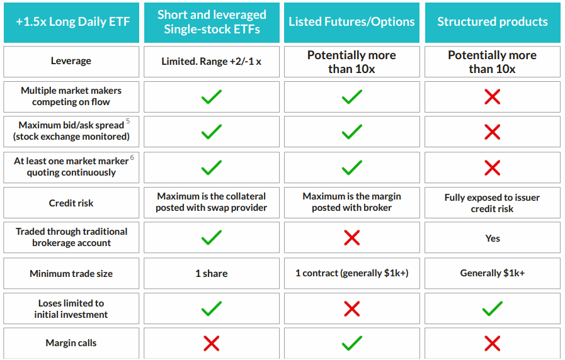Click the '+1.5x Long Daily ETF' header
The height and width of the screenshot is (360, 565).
pyautogui.click(x=73, y=21)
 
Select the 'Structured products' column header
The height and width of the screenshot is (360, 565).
pyautogui.click(x=493, y=21)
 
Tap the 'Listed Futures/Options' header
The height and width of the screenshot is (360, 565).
pyautogui.click(x=351, y=21)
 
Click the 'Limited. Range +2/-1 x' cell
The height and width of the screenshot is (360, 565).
pyautogui.click(x=212, y=62)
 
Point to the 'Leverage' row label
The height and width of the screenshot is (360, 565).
pyautogui.click(x=71, y=61)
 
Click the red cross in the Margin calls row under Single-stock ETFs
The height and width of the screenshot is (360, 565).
pyautogui.click(x=212, y=343)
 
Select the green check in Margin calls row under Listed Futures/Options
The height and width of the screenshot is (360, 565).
pyautogui.click(x=352, y=343)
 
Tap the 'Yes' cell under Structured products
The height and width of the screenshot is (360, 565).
pyautogui.click(x=493, y=239)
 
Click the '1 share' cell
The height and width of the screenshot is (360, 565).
pyautogui.click(x=212, y=274)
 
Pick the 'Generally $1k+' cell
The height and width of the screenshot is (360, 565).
pyautogui.click(x=493, y=273)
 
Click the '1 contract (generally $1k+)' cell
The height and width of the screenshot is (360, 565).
pyautogui.click(x=352, y=273)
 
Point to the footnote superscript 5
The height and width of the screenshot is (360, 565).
pyautogui.click(x=128, y=121)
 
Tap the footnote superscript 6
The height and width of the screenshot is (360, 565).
pyautogui.click(x=132, y=157)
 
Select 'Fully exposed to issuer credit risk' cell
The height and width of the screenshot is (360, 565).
pyautogui.click(x=492, y=203)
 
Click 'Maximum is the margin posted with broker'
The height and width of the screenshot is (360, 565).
pyautogui.click(x=351, y=202)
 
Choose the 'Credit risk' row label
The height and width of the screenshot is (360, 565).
pyautogui.click(x=71, y=203)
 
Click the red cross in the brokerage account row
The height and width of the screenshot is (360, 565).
pyautogui.click(x=352, y=238)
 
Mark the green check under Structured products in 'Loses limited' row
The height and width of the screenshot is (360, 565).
pyautogui.click(x=493, y=308)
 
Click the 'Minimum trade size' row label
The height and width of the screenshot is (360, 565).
pyautogui.click(x=71, y=274)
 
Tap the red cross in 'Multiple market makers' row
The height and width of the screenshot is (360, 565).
pyautogui.click(x=493, y=97)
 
